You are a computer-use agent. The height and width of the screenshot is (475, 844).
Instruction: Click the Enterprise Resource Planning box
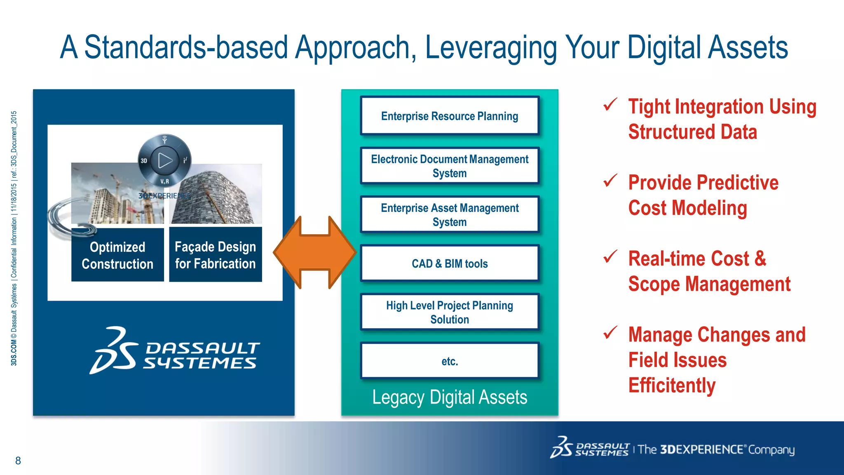pos(450,116)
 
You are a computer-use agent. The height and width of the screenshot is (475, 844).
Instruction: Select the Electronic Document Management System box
pos(450,166)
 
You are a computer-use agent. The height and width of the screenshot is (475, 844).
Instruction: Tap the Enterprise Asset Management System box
pos(450,214)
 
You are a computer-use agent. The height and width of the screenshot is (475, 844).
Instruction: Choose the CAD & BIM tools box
pos(450,263)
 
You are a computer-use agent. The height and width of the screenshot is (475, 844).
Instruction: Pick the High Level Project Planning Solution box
pos(450,312)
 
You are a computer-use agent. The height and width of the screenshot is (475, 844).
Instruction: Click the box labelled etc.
pos(450,361)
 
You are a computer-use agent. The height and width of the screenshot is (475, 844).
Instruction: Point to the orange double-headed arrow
pos(315,252)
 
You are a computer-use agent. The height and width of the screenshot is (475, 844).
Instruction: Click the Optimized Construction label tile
pos(117,255)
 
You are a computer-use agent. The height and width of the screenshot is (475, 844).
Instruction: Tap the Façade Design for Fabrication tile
pos(215,255)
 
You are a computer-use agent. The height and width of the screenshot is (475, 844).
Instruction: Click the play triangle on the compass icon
pos(165,160)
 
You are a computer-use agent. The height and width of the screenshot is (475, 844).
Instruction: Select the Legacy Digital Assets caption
pos(450,397)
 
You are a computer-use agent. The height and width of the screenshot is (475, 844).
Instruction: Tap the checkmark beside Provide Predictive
pos(610,181)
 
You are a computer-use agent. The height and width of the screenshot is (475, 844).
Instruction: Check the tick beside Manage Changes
pos(610,332)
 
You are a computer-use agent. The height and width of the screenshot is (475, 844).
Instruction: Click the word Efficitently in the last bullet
pos(672,386)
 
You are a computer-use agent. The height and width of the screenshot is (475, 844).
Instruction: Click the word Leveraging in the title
pos(490,47)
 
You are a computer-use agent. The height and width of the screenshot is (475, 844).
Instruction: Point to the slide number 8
pos(18,461)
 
